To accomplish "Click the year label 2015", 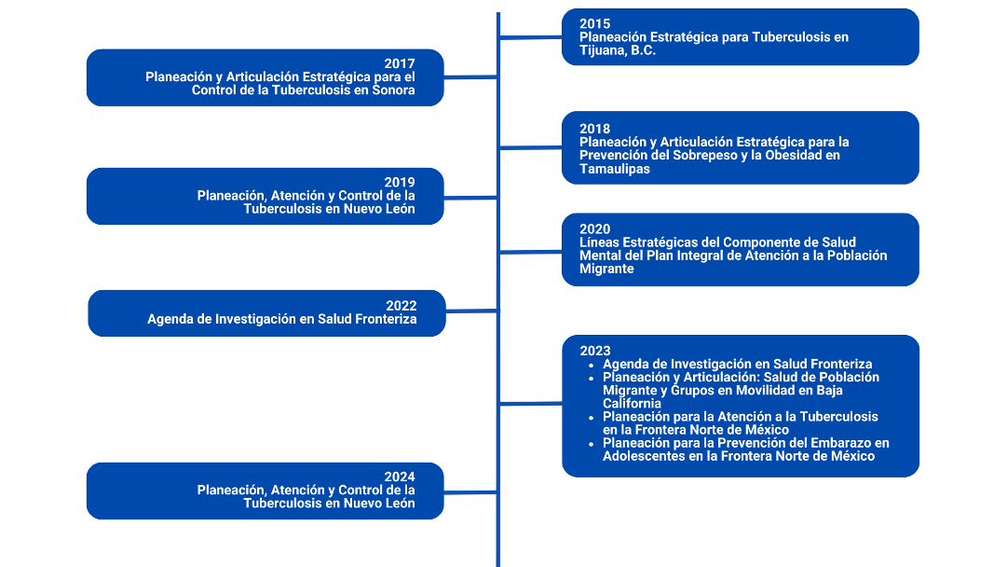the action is click(x=594, y=24).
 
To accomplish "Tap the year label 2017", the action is click(x=400, y=63).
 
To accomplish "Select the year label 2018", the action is click(x=594, y=129).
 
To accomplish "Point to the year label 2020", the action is click(x=594, y=228).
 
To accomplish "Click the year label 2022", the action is click(x=401, y=306).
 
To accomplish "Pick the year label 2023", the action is click(x=595, y=351).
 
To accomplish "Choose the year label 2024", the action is click(x=400, y=477).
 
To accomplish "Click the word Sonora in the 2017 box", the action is click(x=393, y=90).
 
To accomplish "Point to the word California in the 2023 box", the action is click(x=632, y=404).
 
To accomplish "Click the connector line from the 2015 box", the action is click(x=530, y=38).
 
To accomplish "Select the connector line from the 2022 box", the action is click(x=471, y=311).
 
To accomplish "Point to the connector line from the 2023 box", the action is click(x=530, y=404).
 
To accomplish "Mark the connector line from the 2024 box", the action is click(x=470, y=493).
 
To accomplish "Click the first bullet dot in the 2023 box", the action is click(x=592, y=366).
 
